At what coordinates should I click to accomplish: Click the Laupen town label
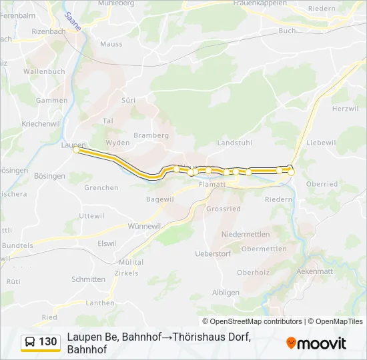[x=73, y=145]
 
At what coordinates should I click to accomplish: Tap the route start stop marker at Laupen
[x=76, y=151]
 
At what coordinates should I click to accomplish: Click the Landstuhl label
[x=234, y=143]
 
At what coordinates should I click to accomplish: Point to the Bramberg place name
[x=151, y=135]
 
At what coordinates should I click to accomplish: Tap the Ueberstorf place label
[x=212, y=253]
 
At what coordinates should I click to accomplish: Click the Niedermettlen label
[x=245, y=234]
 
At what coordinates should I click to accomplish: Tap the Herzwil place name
[x=345, y=109]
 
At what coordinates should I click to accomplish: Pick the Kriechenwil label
[x=22, y=124]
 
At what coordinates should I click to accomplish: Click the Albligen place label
[x=226, y=292]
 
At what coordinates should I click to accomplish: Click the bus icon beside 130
[x=30, y=342]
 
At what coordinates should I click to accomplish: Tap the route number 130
[x=48, y=342]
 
